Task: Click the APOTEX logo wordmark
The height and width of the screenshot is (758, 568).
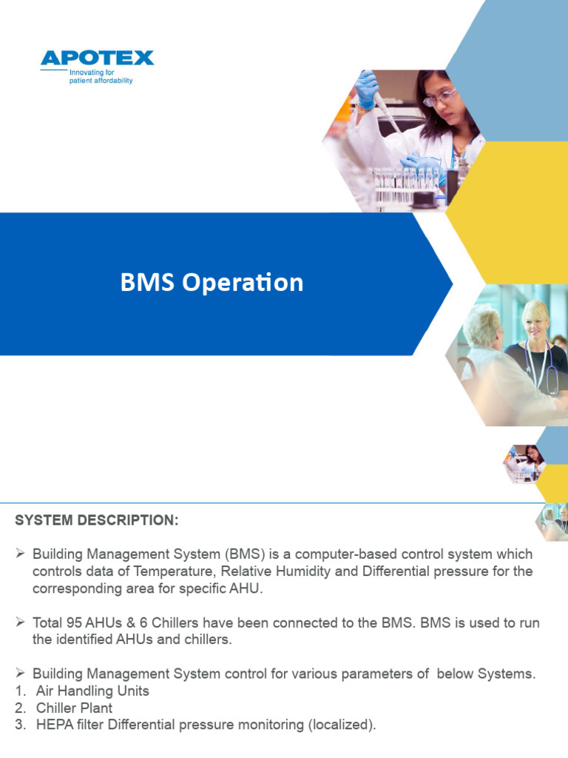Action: click(x=97, y=58)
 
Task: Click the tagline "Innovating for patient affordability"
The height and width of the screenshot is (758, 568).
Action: click(x=101, y=77)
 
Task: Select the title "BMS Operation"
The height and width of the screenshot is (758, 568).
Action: click(x=212, y=283)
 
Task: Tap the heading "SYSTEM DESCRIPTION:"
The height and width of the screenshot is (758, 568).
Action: click(x=97, y=520)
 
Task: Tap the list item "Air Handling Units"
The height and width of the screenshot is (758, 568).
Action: click(x=92, y=691)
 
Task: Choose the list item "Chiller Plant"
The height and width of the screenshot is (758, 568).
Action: click(x=75, y=708)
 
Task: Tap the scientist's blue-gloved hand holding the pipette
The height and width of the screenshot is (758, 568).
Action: click(x=366, y=89)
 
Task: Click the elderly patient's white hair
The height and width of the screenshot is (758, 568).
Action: click(x=483, y=326)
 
